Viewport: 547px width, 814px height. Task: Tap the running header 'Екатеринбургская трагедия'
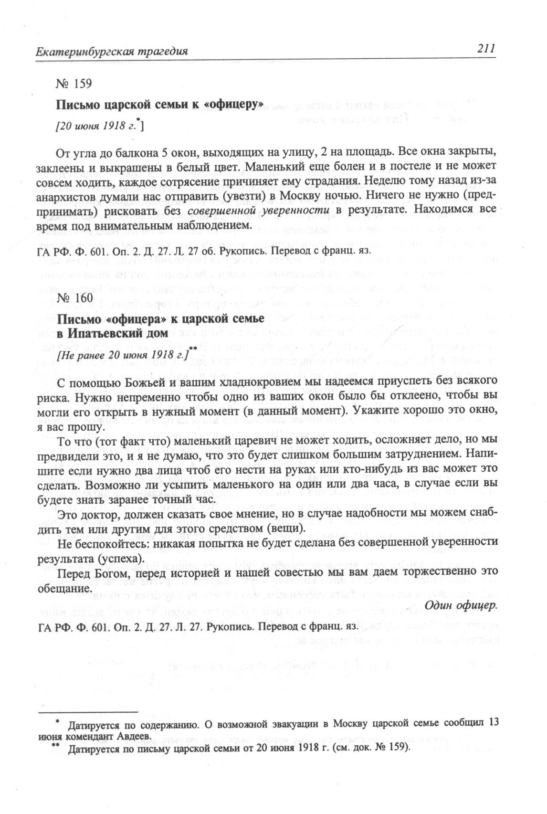tap(111, 51)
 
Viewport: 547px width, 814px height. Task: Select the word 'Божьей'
tap(143, 381)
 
